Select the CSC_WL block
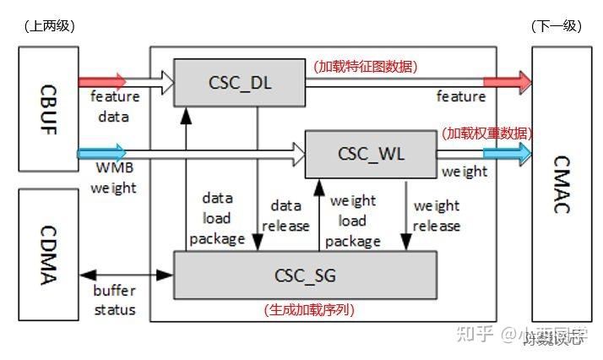[x=370, y=154]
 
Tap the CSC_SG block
[x=306, y=275]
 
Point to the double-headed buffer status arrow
[x=126, y=275]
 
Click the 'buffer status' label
[x=114, y=301]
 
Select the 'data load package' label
[x=216, y=218]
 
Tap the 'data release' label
[x=285, y=216]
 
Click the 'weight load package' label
[x=352, y=221]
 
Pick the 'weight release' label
[x=436, y=215]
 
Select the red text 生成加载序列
[x=309, y=310]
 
